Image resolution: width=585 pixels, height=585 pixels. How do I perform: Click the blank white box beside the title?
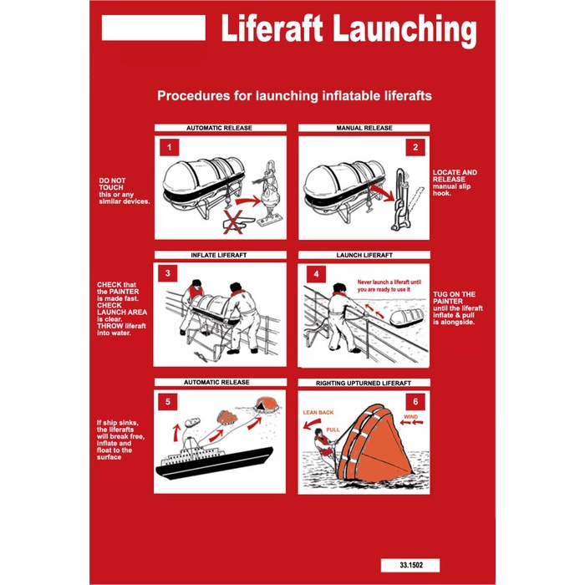click(153, 28)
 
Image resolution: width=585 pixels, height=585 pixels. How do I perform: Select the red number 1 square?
click(170, 149)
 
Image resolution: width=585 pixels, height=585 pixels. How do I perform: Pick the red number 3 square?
click(169, 272)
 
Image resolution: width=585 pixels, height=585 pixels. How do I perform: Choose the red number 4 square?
click(315, 272)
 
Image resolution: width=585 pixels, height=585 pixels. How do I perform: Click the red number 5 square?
click(170, 401)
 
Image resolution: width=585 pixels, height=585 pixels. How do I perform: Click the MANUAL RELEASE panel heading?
click(364, 129)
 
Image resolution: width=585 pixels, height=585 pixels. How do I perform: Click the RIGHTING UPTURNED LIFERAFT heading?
click(364, 382)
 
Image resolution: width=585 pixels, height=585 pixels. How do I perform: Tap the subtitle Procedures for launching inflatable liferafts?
click(294, 96)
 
